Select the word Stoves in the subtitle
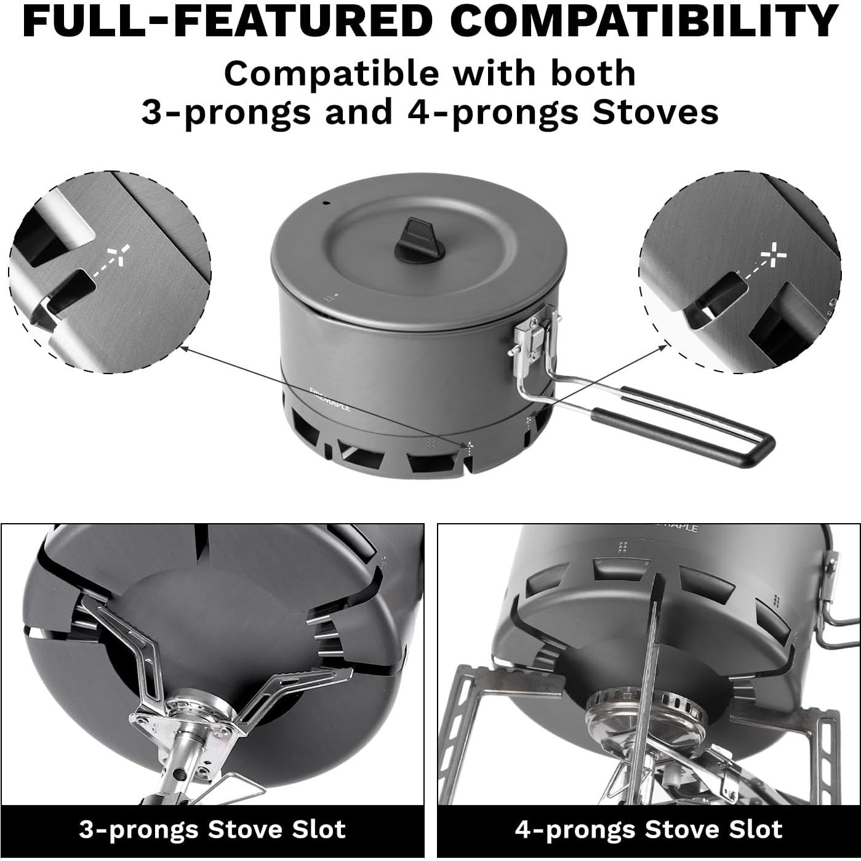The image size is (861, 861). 655,113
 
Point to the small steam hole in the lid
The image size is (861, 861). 326,202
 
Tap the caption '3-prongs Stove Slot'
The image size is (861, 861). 212,830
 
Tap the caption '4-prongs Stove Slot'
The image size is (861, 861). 649,830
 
